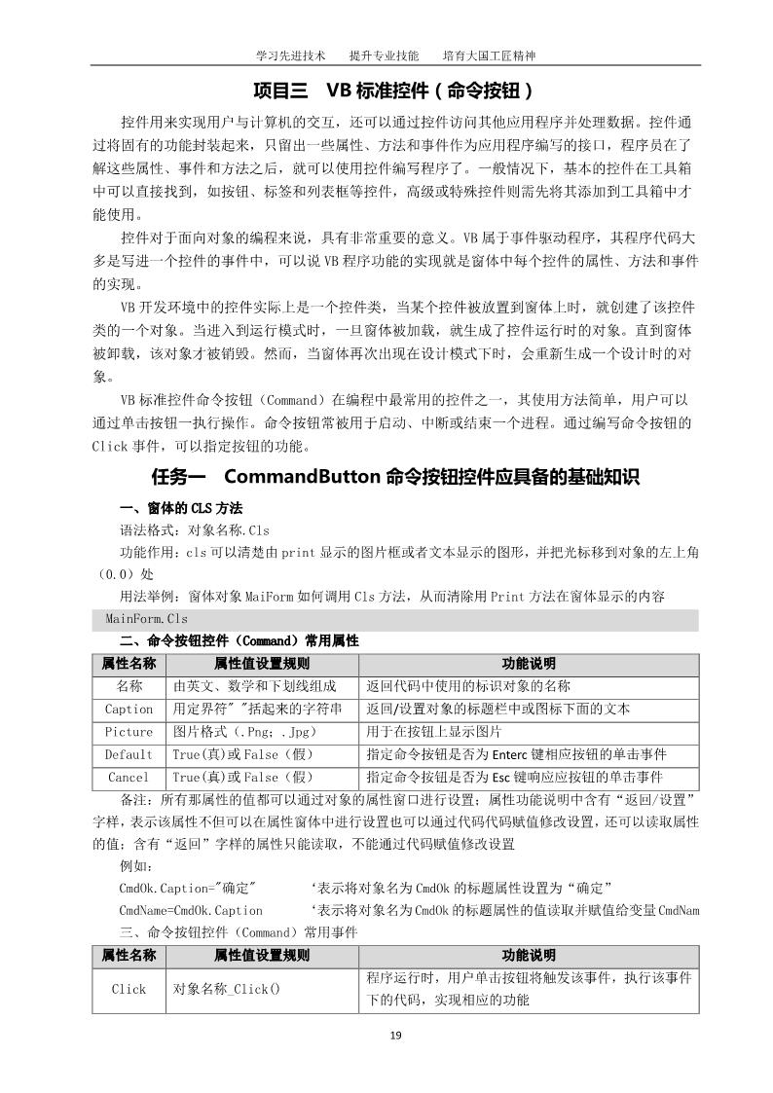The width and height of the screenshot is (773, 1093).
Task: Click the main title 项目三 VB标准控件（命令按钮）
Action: coord(394,91)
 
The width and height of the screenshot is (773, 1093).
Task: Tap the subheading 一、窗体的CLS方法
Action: coord(180,509)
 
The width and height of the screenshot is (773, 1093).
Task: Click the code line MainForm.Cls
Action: coord(147,619)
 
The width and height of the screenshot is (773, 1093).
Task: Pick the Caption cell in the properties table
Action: coord(129,709)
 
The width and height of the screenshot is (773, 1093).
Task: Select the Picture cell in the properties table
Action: coord(129,732)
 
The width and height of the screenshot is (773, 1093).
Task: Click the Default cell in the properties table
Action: coord(129,754)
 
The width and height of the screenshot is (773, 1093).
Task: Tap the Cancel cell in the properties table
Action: coord(129,777)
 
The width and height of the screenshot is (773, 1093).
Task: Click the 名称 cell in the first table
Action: coord(129,686)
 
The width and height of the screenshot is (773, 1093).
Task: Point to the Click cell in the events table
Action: coord(129,989)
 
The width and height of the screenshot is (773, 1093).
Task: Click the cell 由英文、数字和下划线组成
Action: coord(255,686)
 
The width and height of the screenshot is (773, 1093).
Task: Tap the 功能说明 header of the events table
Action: coord(529,956)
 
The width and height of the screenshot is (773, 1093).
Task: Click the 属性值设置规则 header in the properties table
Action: coord(261,664)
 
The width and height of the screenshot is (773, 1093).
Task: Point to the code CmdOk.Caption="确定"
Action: coord(188,888)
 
